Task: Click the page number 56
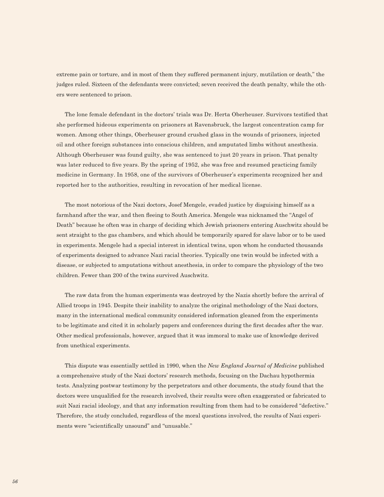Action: (x=15, y=482)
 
